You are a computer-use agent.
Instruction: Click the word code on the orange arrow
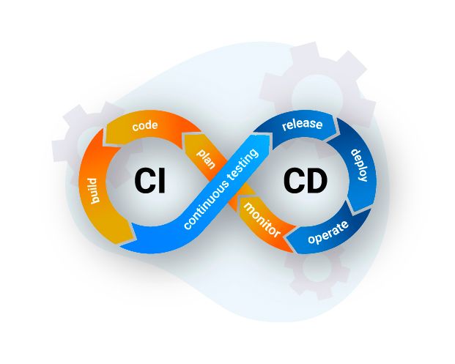(x=145, y=126)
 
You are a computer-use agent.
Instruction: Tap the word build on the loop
(x=94, y=190)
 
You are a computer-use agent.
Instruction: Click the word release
(x=303, y=125)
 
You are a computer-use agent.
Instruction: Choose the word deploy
(x=360, y=166)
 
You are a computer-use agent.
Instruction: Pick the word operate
(x=328, y=232)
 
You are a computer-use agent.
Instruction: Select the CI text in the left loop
(x=150, y=181)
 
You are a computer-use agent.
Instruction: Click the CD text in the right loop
(x=306, y=181)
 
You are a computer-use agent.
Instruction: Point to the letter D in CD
(x=317, y=181)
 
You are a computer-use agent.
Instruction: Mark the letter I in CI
(x=162, y=181)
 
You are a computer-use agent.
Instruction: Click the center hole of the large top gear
(x=317, y=97)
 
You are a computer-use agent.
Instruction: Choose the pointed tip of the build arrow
(x=134, y=239)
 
